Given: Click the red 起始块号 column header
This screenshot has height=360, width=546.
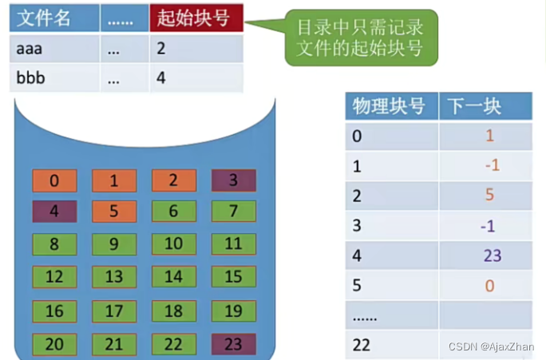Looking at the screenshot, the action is pyautogui.click(x=196, y=18).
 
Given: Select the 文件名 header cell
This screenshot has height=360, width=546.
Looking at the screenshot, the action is pyautogui.click(x=54, y=18).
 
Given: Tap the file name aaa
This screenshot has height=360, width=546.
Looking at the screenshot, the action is pyautogui.click(x=30, y=49).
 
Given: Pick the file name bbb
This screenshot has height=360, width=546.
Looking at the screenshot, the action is pyautogui.click(x=30, y=77).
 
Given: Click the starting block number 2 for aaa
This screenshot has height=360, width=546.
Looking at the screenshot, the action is pyautogui.click(x=161, y=49).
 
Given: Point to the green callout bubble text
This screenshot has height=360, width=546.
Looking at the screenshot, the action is pyautogui.click(x=360, y=38).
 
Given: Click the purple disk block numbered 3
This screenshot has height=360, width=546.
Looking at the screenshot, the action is pyautogui.click(x=234, y=180).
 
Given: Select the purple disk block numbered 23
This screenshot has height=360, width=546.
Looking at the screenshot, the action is pyautogui.click(x=234, y=344).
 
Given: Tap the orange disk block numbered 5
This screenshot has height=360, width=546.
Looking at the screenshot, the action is pyautogui.click(x=114, y=211).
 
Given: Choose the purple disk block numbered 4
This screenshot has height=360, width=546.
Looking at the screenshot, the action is pyautogui.click(x=54, y=211).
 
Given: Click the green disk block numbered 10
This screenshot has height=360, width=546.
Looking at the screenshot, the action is pyautogui.click(x=174, y=243).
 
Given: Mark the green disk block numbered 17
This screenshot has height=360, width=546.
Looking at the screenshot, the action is pyautogui.click(x=114, y=311).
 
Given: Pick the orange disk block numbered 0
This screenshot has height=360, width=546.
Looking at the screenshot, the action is pyautogui.click(x=54, y=180).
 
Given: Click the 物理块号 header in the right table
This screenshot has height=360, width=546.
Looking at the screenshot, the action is pyautogui.click(x=392, y=106).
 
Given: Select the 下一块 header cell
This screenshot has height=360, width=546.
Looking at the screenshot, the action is pyautogui.click(x=486, y=106).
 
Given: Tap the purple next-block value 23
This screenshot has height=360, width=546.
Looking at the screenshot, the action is pyautogui.click(x=493, y=256).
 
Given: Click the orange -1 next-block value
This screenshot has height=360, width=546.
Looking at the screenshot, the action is pyautogui.click(x=493, y=165).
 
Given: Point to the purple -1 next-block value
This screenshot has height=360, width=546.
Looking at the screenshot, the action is pyautogui.click(x=488, y=227).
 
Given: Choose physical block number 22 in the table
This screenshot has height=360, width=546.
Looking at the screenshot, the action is pyautogui.click(x=361, y=346).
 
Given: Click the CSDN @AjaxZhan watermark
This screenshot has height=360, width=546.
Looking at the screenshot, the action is pyautogui.click(x=491, y=346).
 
